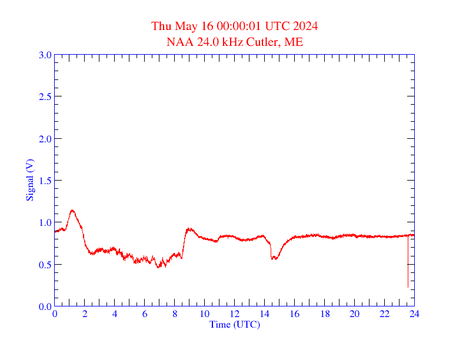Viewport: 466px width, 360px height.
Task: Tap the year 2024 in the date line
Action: pos(307,26)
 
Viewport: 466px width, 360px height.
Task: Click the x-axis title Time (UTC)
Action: pos(234,324)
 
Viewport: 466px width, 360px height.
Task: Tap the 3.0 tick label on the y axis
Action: pos(45,55)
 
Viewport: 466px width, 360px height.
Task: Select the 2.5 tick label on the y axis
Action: pos(45,96)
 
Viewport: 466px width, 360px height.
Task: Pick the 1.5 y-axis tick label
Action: pos(45,181)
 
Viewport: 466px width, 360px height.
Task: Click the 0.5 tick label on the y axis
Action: pos(45,265)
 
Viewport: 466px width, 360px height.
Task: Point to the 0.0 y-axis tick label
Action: pos(45,306)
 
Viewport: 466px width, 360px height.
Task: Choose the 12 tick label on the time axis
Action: pos(234,314)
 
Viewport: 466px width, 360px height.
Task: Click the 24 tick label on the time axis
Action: pos(414,314)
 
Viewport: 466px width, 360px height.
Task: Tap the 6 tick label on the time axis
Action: pos(145,314)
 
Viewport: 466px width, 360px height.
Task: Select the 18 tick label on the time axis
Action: pos(324,314)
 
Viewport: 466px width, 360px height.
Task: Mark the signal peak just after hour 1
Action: pos(72,210)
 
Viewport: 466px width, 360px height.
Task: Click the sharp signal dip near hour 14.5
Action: pos(273,258)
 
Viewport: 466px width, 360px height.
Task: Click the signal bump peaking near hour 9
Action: pos(189,229)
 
